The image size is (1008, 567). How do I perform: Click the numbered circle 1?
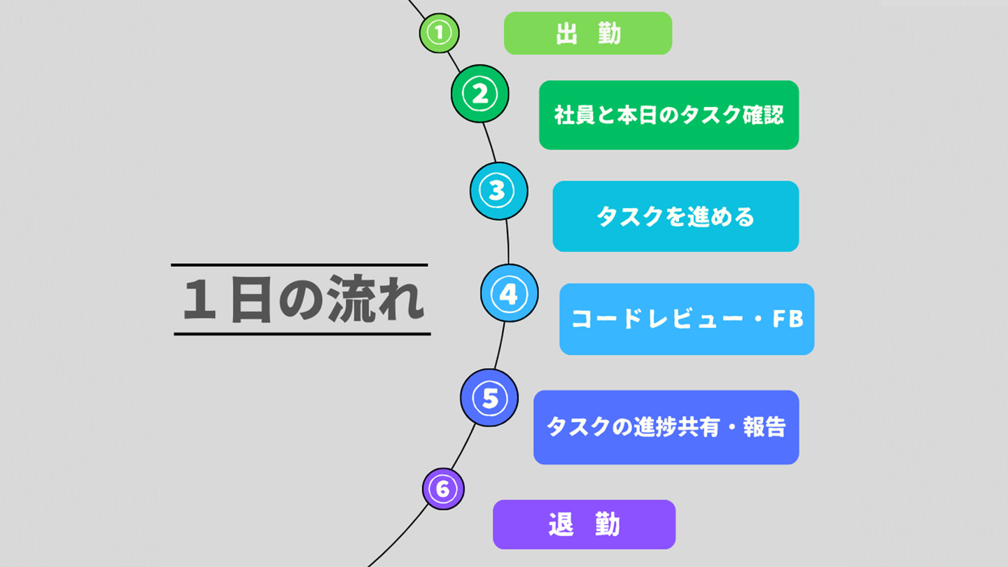(440, 33)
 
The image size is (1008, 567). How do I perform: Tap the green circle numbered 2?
(480, 94)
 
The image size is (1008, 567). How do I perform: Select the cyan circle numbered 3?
(498, 191)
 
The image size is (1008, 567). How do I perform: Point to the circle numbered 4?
(509, 293)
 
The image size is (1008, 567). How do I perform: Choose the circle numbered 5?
(489, 398)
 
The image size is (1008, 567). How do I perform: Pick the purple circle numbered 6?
(443, 489)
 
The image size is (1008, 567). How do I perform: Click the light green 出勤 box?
(588, 33)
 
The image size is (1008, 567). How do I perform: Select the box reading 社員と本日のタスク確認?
(668, 115)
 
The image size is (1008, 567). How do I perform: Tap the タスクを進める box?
(675, 216)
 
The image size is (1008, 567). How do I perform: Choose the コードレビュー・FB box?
(687, 319)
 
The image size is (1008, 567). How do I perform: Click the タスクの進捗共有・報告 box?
(666, 427)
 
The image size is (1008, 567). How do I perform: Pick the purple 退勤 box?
(584, 524)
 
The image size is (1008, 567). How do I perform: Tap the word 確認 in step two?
(763, 115)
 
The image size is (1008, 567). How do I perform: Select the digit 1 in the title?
(199, 301)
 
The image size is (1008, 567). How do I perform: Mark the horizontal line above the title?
(300, 265)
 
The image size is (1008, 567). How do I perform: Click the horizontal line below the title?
(302, 334)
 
